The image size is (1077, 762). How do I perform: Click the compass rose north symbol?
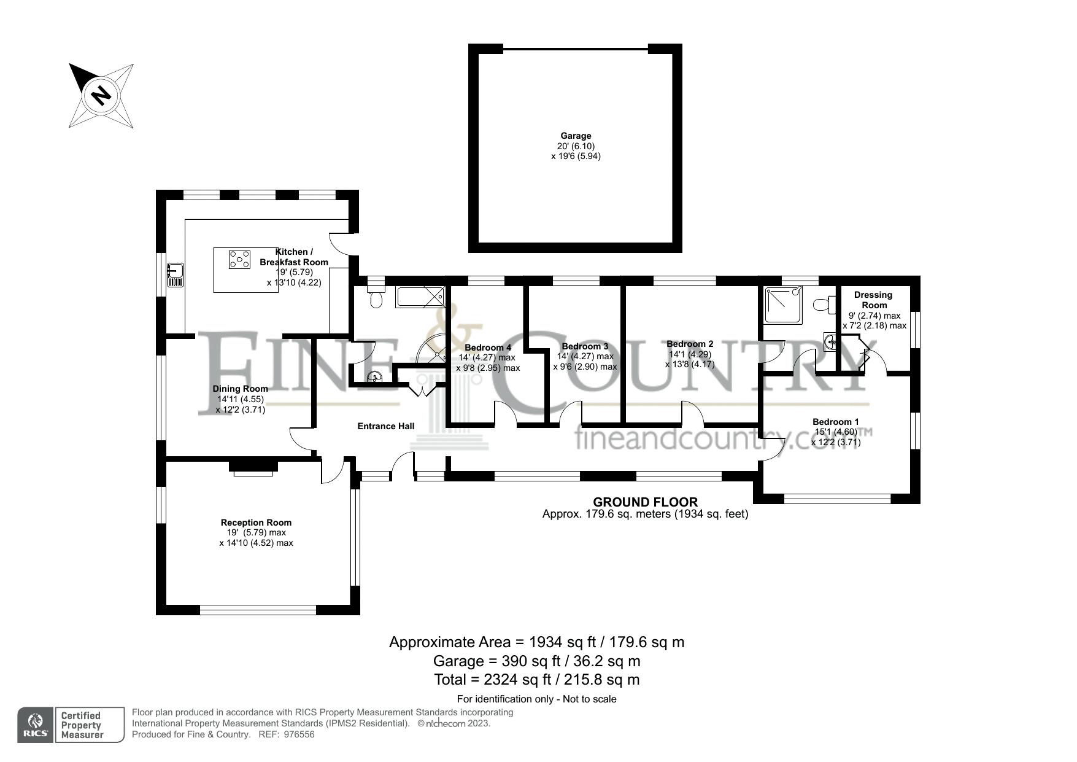(101, 96)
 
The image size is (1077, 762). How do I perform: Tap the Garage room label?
(576, 136)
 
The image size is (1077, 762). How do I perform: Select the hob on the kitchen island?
(239, 260)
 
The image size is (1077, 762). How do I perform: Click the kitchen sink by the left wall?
(176, 274)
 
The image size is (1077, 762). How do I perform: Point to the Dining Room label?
(241, 389)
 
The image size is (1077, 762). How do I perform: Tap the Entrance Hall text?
(386, 426)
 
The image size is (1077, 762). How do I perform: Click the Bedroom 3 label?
(585, 346)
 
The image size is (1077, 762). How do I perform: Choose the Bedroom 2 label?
(690, 344)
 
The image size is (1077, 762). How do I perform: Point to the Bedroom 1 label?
(836, 422)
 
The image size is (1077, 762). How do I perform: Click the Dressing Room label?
(874, 300)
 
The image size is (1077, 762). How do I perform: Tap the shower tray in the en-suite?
(783, 305)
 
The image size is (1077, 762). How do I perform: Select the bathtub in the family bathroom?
(420, 297)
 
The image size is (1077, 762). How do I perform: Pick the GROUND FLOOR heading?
(645, 502)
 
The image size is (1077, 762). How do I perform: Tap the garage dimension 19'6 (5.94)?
(576, 157)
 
